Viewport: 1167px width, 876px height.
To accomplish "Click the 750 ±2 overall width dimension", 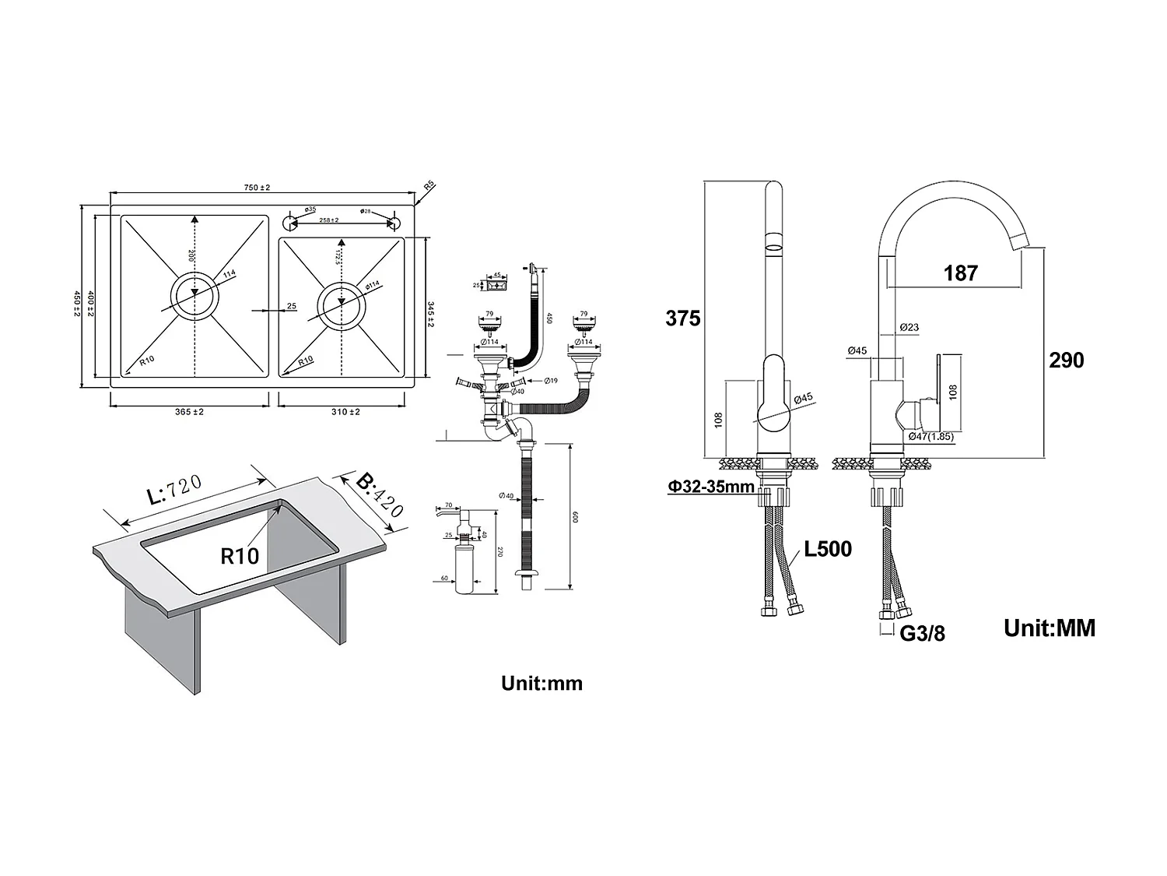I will [257, 188].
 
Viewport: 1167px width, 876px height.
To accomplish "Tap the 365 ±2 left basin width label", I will [189, 412].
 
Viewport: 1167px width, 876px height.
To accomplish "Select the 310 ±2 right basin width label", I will [345, 412].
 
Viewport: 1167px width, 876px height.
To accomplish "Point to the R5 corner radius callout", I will [429, 186].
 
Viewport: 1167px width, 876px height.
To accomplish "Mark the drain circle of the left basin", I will [194, 296].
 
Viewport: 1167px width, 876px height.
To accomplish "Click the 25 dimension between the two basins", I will [291, 306].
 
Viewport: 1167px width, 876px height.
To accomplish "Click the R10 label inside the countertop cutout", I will [240, 556].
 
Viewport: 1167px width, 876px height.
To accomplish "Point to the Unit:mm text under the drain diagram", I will [541, 684].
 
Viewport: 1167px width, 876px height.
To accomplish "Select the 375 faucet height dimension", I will [682, 318].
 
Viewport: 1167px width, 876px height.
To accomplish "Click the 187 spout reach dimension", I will [960, 273].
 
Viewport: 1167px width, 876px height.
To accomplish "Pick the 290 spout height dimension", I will [1066, 360].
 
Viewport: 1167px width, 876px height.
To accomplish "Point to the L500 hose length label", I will [828, 549].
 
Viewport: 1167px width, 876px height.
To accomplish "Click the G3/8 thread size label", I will [922, 634].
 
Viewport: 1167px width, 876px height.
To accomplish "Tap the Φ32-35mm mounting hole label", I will [710, 487].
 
